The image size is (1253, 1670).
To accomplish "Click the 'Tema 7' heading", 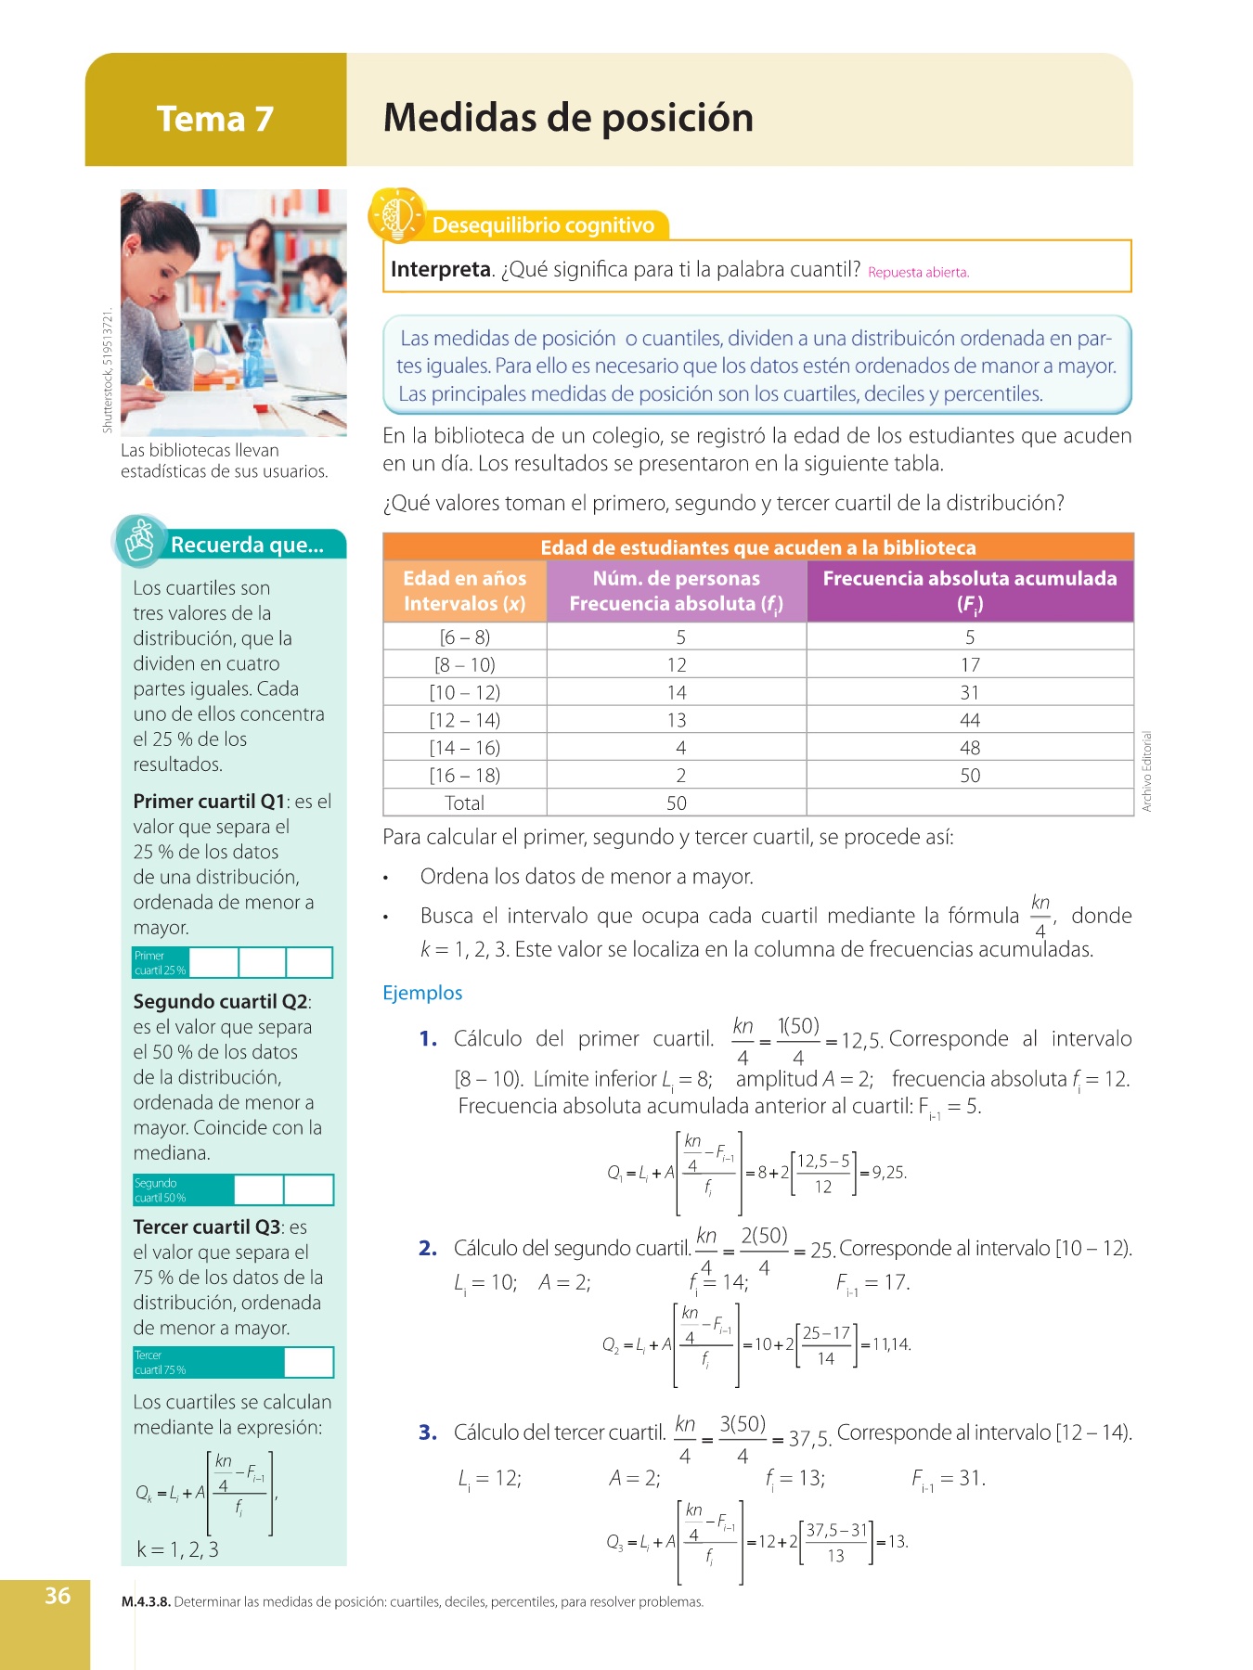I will (215, 119).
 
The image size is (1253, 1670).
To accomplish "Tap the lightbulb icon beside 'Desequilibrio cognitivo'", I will (397, 215).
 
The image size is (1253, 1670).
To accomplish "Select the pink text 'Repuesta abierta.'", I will (918, 273).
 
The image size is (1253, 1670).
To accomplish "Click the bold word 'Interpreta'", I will (440, 270).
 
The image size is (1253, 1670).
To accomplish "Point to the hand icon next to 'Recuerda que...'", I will (139, 541).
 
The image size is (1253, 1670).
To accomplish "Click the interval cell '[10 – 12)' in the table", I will (464, 693).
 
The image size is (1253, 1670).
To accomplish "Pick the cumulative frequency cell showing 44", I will (970, 721).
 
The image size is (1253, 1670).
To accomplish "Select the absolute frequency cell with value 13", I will (677, 721).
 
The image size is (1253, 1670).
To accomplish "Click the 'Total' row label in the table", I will (464, 803).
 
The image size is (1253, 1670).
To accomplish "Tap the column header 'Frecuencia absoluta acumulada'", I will (970, 579).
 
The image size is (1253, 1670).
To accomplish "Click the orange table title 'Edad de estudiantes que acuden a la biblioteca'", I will (757, 547).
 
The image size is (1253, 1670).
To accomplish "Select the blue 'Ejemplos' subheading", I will (422, 993).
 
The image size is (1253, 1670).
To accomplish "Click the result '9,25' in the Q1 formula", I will (889, 1173).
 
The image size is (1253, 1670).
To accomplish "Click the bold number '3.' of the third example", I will (428, 1432).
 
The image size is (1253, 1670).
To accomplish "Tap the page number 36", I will (58, 1596).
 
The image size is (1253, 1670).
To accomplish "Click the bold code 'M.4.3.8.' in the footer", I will (146, 1602).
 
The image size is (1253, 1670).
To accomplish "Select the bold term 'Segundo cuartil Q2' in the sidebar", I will (220, 1002).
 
